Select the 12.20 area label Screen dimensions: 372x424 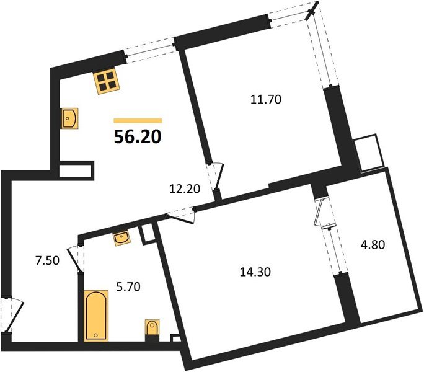(x=186, y=190)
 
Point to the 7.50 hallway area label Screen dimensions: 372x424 (x=46, y=260)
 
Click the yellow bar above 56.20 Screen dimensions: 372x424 (x=138, y=120)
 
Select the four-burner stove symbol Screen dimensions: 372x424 (x=107, y=81)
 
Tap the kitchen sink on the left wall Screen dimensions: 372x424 (x=69, y=118)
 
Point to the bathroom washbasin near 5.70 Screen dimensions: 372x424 (x=121, y=237)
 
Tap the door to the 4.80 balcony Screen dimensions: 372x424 (x=323, y=215)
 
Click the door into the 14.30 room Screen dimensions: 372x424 (x=182, y=215)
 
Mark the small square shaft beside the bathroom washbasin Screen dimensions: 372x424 (x=148, y=234)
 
